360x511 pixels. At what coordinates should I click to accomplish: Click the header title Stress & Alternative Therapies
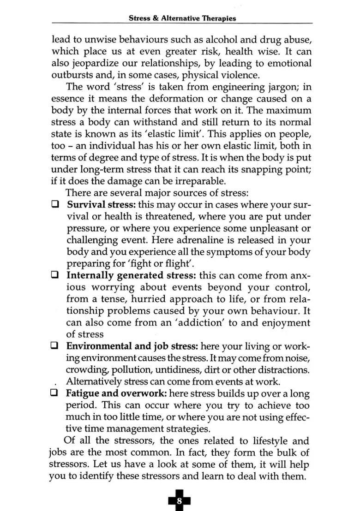[x=182, y=18]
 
